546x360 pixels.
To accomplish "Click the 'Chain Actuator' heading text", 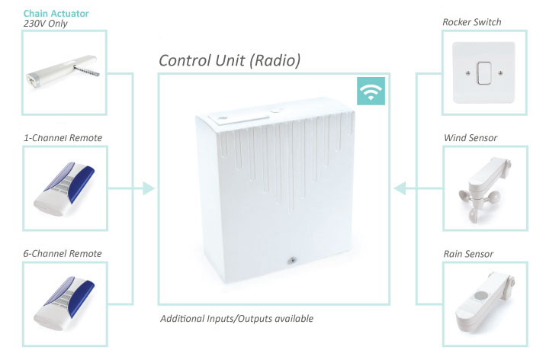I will tap(56, 13).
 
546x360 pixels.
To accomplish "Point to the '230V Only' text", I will tap(48, 24).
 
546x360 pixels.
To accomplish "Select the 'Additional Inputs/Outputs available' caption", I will tap(236, 318).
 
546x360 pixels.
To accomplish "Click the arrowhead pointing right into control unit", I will tap(148, 188).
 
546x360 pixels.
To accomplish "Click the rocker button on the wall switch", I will tap(482, 73).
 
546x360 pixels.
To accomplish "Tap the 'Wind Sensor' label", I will tap(470, 138).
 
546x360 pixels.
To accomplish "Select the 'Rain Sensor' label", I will tap(469, 253).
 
